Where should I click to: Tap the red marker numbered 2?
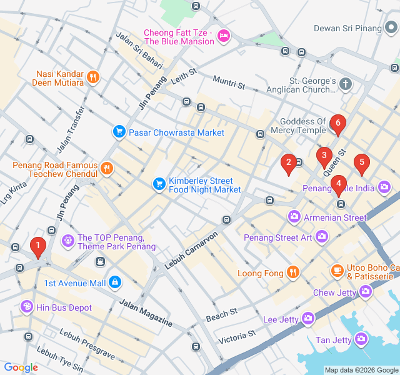coord(288,164)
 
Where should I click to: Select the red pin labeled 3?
coord(323,157)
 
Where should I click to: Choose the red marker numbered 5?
coord(361,164)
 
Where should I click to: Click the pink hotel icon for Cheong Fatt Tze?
coord(224,37)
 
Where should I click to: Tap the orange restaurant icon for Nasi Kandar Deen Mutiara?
coord(93,77)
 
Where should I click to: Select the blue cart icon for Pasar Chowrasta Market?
coord(119,132)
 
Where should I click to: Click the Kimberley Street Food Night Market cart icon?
coord(159,184)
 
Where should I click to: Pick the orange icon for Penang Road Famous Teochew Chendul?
coord(107,169)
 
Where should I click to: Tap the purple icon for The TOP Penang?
coord(67,240)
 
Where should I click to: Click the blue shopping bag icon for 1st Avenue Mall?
coord(114,283)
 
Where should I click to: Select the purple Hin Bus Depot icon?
coord(26,307)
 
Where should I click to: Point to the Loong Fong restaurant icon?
coord(292,272)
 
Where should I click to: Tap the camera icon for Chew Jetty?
coord(365,291)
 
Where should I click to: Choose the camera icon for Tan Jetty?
coord(361,339)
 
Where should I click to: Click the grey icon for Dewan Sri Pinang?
coord(391,28)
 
